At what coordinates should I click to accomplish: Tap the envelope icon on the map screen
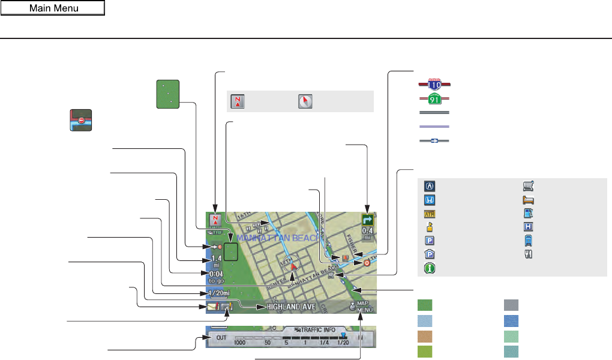pyautogui.click(x=212, y=307)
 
